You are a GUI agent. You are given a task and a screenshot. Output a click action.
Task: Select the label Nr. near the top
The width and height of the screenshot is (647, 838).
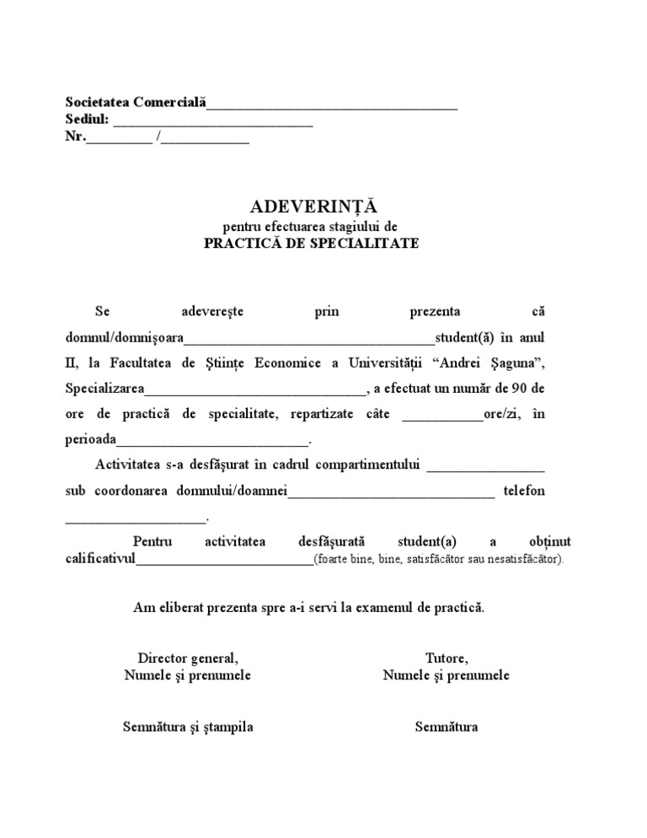pos(75,137)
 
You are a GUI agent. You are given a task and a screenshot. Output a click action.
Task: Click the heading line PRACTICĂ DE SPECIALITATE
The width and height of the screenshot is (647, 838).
pos(311,244)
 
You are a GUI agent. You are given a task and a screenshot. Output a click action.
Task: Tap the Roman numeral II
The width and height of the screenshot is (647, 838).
pos(72,363)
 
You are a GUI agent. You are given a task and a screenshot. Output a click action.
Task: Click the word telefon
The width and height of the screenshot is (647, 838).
pos(524,490)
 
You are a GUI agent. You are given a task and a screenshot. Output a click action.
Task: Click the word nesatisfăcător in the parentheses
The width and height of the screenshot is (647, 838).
pos(521,560)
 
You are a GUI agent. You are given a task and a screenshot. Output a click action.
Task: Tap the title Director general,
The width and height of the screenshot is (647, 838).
pos(187,658)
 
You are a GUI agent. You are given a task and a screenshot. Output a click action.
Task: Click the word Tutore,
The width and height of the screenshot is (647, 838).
pos(446,658)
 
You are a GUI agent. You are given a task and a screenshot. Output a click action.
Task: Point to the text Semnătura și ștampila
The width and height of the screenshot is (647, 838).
pos(187,727)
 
